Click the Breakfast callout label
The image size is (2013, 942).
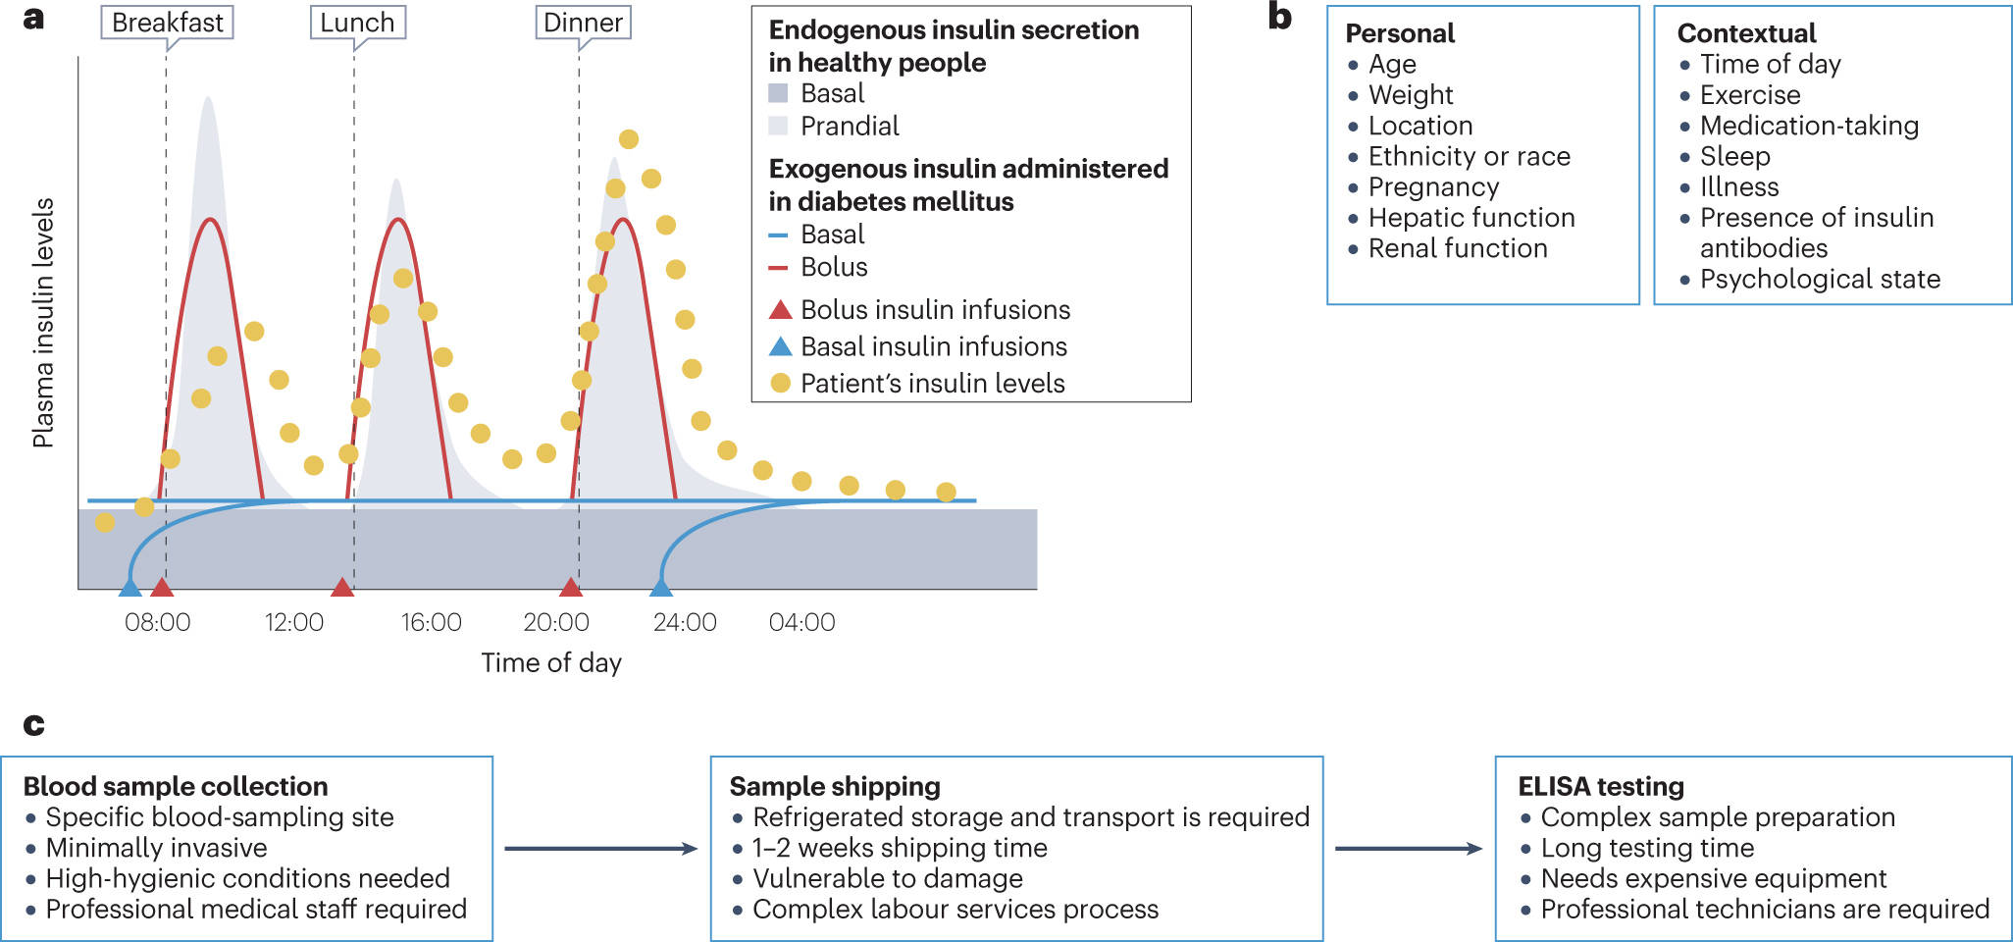pos(167,23)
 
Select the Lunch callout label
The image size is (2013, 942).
pos(357,23)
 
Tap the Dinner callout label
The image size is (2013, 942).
pos(583,23)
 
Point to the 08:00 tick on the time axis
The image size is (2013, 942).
pos(157,622)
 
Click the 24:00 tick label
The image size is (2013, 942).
pos(684,622)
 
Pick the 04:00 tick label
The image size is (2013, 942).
pos(801,622)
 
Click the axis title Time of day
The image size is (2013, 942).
pos(551,662)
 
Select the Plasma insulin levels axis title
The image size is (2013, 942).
pos(43,324)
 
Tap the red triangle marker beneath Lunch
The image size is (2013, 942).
pos(341,588)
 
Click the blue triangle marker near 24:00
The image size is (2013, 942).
pos(661,588)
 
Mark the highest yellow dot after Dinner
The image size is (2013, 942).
pos(629,139)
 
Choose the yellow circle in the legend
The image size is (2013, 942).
pos(780,383)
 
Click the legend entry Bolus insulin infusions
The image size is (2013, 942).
pos(934,310)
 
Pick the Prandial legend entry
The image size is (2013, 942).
pos(849,126)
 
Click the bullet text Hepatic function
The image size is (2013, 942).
pos(1471,218)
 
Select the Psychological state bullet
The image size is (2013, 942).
pos(1820,280)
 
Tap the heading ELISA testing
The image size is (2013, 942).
pos(1601,787)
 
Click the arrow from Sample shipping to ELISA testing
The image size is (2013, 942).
pos(1408,849)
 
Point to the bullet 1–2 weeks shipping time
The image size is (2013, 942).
pos(899,848)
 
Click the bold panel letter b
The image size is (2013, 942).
pos(1279,17)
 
